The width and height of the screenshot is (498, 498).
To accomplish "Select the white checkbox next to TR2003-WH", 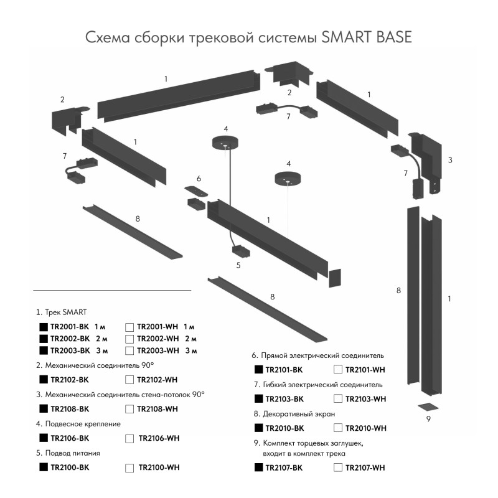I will click(x=129, y=351).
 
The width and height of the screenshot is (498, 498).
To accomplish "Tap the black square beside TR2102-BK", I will click(x=44, y=379).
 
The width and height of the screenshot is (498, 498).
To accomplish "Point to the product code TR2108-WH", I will click(x=157, y=409).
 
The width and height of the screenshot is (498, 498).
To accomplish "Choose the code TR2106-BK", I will click(x=70, y=438).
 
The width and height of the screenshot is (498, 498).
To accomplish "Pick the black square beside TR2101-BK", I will click(x=258, y=369).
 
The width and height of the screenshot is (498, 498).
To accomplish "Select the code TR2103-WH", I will click(x=365, y=398).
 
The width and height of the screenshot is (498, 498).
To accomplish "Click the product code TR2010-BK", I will click(x=284, y=428).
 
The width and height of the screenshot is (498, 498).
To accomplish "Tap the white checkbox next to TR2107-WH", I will click(x=338, y=467).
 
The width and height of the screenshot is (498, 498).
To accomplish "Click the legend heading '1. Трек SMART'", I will click(x=62, y=311).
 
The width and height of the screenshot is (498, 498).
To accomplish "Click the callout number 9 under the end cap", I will click(x=428, y=418).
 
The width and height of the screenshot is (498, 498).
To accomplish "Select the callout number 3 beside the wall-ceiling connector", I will click(x=449, y=160).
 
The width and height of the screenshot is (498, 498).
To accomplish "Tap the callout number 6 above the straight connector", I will click(x=199, y=179).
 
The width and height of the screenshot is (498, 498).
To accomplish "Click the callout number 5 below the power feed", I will click(x=238, y=265).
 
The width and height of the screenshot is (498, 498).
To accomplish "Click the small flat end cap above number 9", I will click(x=428, y=406).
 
